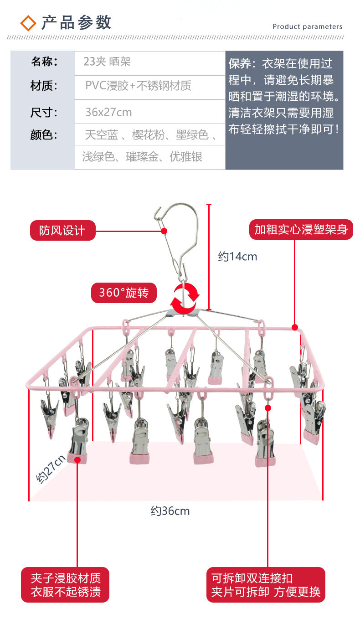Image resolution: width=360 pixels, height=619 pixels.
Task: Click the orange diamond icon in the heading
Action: pos(28,23)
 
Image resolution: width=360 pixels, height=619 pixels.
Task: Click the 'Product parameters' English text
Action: pos(307,26)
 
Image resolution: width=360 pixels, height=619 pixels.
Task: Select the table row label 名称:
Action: pos(44,62)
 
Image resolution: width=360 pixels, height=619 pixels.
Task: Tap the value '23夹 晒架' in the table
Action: pos(107,62)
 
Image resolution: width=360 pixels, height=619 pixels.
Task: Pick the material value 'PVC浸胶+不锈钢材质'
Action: pos(138,86)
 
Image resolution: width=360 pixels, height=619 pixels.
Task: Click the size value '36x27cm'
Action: pos(108,112)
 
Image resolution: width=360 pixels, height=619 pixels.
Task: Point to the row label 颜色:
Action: pos(44,135)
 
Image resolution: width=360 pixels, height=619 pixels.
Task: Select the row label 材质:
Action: pos(44,86)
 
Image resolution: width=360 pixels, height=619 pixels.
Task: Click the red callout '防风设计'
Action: pos(63,230)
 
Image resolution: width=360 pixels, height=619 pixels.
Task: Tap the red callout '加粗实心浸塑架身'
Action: pos(301,229)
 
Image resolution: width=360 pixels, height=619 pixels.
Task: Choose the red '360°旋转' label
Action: pos(124,293)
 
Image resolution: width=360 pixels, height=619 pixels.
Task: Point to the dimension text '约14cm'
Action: pos(237,257)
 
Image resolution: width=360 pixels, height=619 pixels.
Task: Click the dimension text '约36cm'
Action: pos(170,511)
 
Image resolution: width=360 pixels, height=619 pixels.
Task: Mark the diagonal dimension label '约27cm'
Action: pos(51,469)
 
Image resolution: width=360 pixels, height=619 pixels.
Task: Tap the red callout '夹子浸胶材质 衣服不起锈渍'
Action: pos(65,585)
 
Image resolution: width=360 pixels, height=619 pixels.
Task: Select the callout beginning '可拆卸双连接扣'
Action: pos(266,585)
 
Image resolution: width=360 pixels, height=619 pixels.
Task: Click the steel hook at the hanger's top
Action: pos(177,243)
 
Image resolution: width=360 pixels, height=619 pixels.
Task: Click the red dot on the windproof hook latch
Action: pos(164,231)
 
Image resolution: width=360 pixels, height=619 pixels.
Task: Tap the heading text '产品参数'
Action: pos(77,23)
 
